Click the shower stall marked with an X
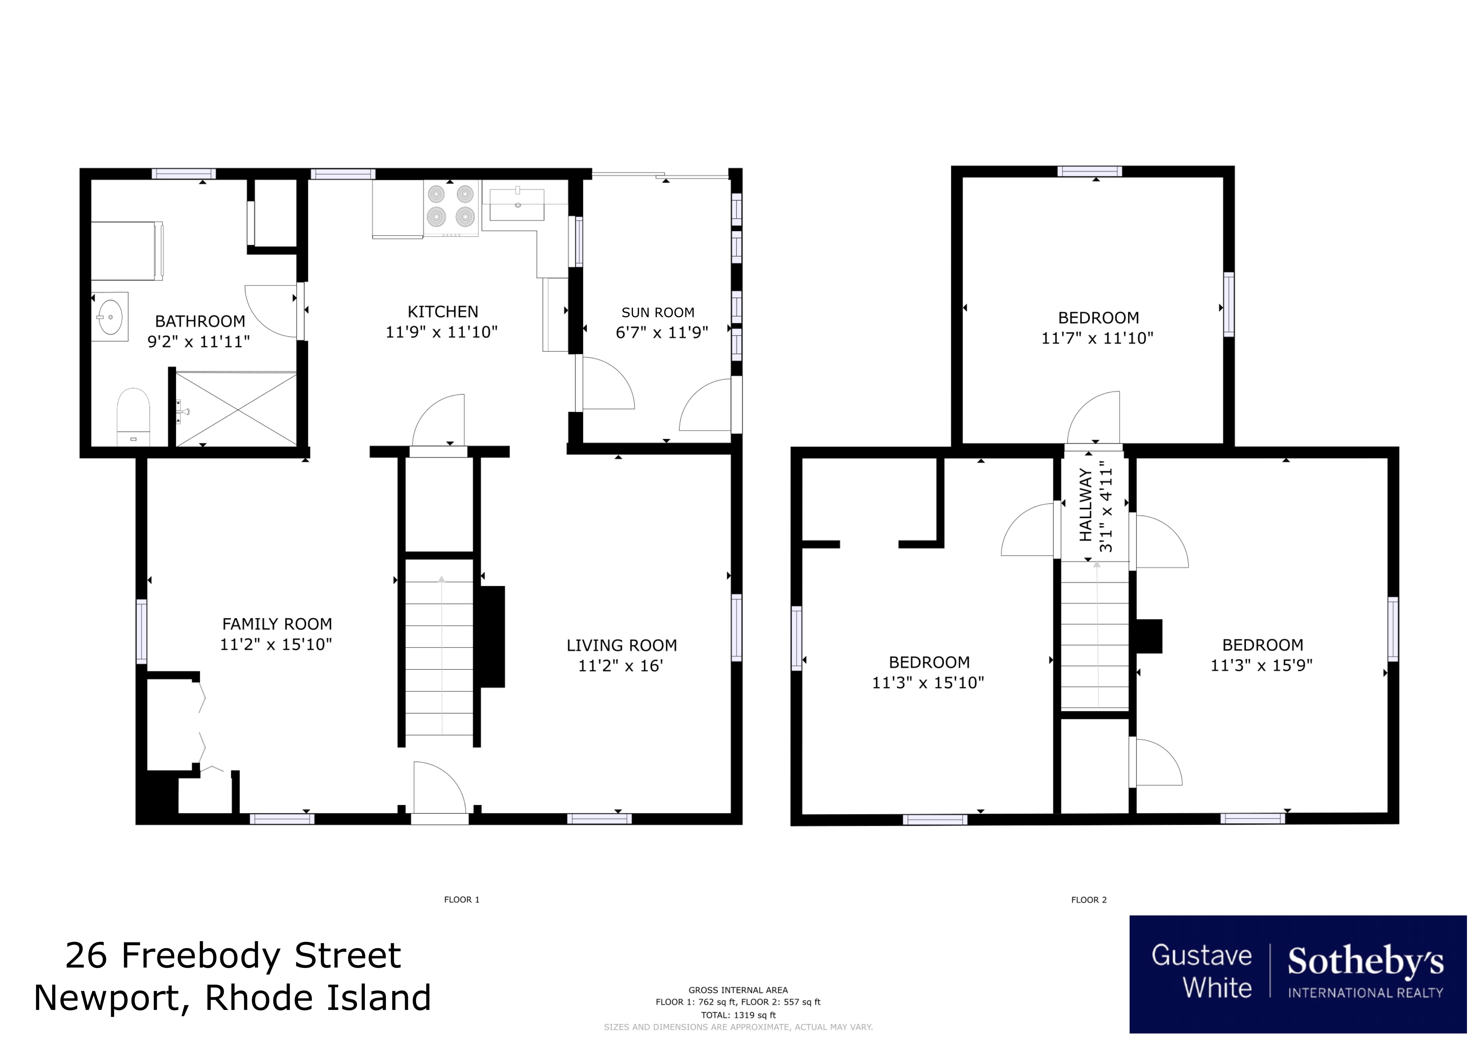[x=236, y=409]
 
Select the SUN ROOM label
[x=657, y=313]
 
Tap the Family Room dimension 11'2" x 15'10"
[x=276, y=644]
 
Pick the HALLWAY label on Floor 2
[x=1085, y=505]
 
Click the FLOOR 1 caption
[x=461, y=899]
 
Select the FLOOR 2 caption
[x=1088, y=899]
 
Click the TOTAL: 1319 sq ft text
[x=738, y=1015]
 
